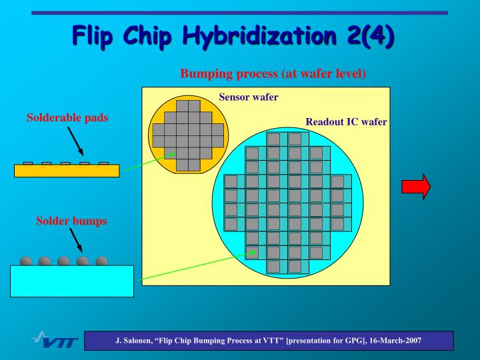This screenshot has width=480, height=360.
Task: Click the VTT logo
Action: tap(55, 341)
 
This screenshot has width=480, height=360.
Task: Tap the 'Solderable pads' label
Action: tap(67, 118)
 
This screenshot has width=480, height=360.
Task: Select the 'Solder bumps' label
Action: tap(71, 221)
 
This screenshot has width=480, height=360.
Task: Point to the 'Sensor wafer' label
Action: tap(248, 97)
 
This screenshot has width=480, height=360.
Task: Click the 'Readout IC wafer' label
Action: tap(346, 122)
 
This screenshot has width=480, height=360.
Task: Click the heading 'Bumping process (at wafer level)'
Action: tap(273, 73)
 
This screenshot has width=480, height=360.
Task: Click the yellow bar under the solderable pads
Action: tap(67, 171)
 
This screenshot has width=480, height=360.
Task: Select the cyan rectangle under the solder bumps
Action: tap(71, 281)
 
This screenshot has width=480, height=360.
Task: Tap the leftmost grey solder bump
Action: tap(25, 261)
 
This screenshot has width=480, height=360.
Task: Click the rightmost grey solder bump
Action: tap(102, 261)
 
